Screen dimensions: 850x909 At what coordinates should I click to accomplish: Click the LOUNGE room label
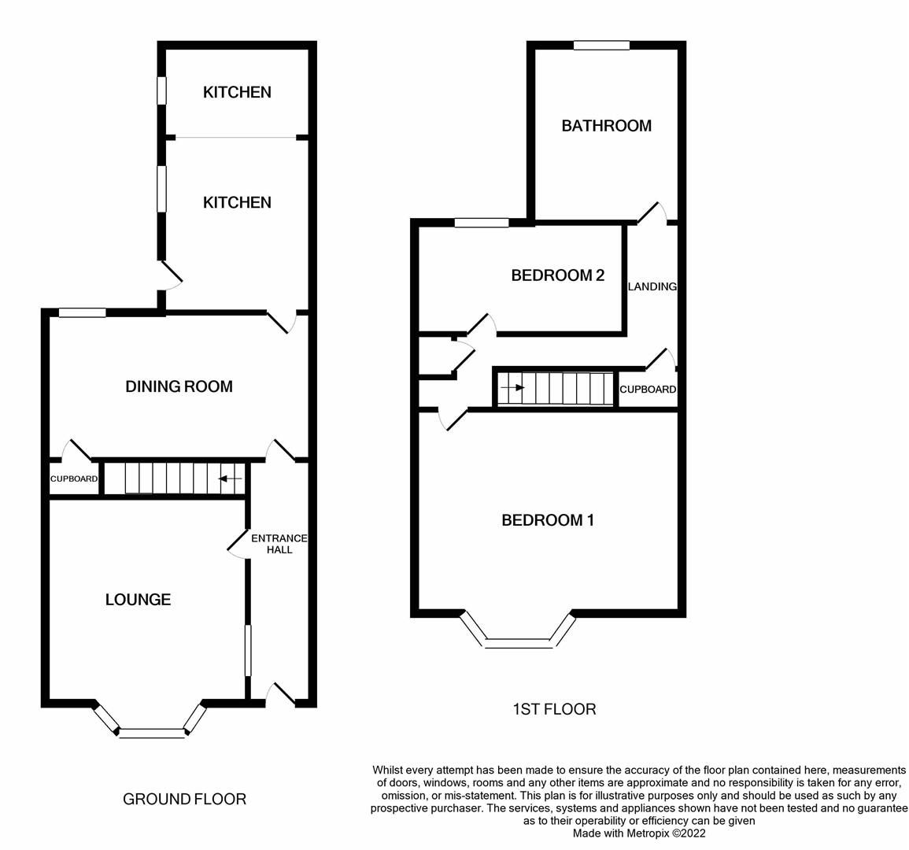point(138,600)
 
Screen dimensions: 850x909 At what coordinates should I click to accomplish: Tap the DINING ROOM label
point(179,386)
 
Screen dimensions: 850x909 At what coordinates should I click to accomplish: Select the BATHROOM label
point(606,126)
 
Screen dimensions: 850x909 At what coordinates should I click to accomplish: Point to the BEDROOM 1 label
point(548,520)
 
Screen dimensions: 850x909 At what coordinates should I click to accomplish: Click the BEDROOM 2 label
point(557,275)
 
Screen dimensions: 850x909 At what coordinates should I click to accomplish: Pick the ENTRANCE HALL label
point(279,544)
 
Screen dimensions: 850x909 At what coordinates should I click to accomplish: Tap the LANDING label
point(652,286)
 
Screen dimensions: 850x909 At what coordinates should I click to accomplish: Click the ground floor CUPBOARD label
point(74,479)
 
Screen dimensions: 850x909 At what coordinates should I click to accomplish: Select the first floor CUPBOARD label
point(647,390)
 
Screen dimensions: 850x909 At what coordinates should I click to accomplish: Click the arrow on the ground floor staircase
point(230,479)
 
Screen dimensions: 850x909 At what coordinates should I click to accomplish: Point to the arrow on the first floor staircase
point(513,387)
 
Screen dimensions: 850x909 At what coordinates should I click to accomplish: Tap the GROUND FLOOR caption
point(184,800)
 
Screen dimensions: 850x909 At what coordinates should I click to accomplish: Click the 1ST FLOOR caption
point(554,709)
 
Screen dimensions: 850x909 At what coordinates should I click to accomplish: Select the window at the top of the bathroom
point(601,46)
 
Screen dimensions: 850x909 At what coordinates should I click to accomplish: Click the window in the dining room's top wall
point(82,312)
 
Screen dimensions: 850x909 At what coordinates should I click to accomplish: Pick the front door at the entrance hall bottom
point(282,693)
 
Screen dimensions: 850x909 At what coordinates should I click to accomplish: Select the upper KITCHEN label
point(237,92)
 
